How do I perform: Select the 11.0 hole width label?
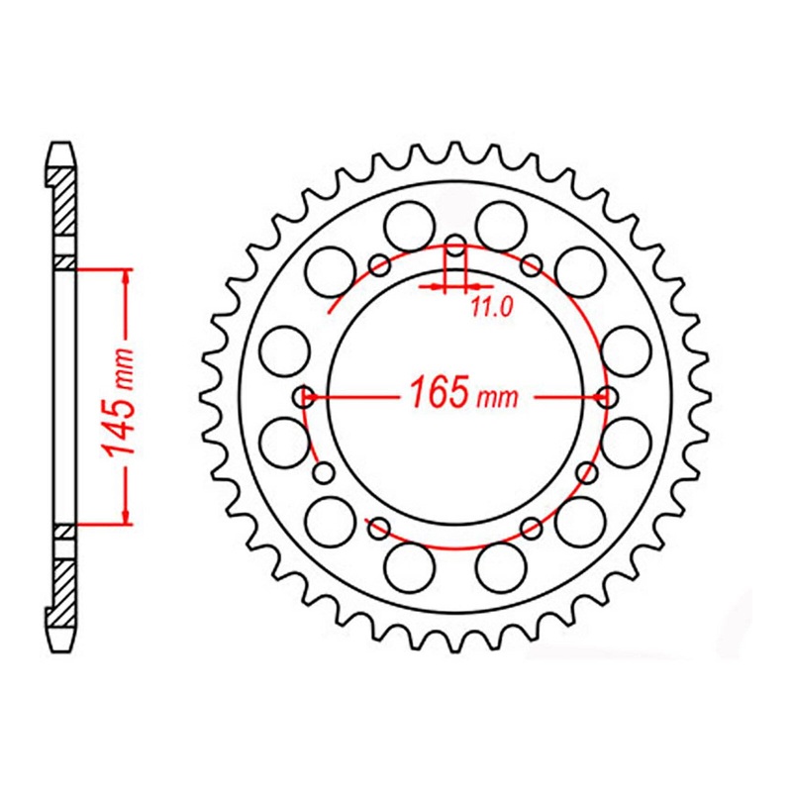[x=490, y=308]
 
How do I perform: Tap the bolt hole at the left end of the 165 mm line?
[x=305, y=397]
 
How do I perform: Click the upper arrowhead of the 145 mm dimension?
[x=126, y=276]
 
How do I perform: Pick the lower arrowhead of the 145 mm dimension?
[x=126, y=514]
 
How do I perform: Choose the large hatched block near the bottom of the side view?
[x=60, y=588]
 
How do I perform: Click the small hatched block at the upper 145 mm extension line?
[x=60, y=262]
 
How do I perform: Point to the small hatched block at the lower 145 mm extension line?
[x=60, y=532]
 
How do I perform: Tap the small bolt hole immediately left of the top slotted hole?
[x=378, y=263]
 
